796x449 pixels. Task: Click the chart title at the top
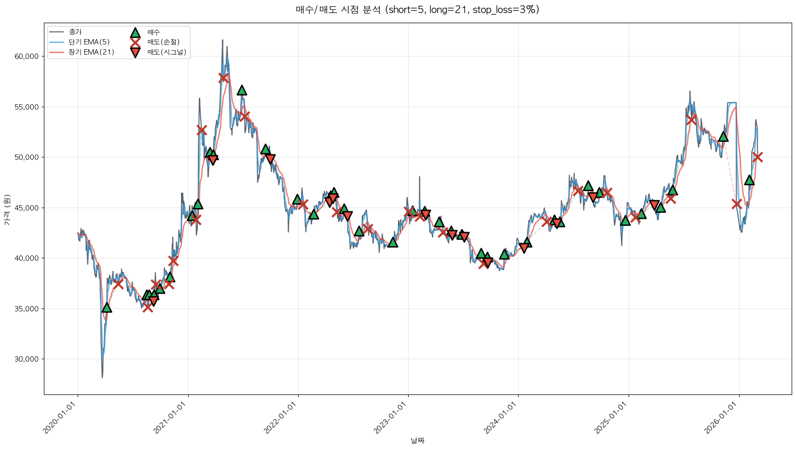(x=417, y=10)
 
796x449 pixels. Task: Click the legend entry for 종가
(x=75, y=32)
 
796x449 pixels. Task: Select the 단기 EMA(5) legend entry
(x=89, y=42)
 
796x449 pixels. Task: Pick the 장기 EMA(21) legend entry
(x=91, y=52)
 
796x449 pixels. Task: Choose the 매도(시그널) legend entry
(x=166, y=52)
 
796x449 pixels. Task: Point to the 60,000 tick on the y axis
(x=27, y=56)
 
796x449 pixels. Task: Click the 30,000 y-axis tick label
(x=27, y=359)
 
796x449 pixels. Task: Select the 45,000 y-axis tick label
(x=27, y=208)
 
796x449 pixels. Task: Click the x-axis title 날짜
(x=417, y=440)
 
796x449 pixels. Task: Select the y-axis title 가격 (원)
(x=7, y=210)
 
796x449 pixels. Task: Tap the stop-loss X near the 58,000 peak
(x=223, y=77)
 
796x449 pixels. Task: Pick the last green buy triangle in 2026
(x=749, y=180)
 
